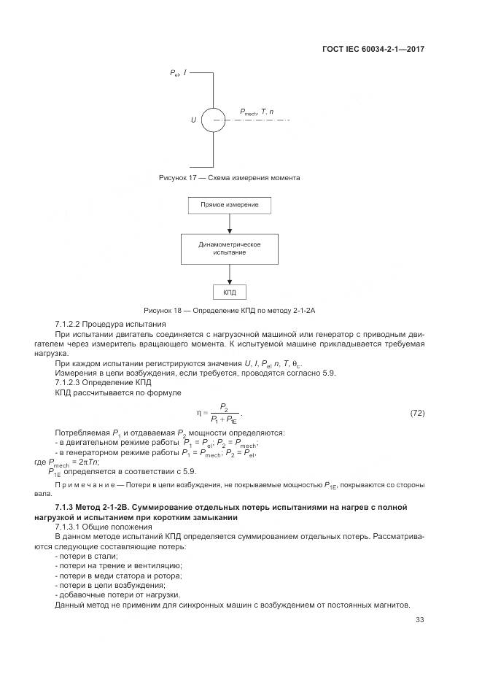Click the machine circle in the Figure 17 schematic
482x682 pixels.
(x=214, y=120)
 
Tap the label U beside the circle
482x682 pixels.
(x=194, y=120)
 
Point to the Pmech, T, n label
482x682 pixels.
(x=257, y=112)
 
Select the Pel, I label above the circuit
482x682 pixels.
(x=178, y=74)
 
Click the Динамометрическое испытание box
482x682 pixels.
(x=230, y=248)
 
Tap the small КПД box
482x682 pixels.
(x=230, y=292)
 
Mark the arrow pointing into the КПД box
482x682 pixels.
(x=230, y=277)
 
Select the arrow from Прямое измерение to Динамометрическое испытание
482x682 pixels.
(x=230, y=225)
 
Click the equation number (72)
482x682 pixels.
(x=417, y=414)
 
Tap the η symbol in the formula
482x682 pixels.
(x=198, y=414)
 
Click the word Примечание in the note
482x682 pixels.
(x=84, y=484)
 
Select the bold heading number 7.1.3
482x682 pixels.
(x=65, y=506)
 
